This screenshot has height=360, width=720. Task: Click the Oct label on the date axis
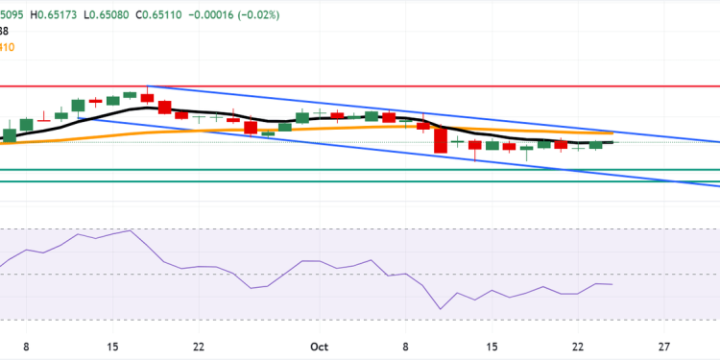[320, 347]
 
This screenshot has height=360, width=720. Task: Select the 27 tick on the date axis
[663, 347]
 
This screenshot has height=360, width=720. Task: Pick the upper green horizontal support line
[288, 170]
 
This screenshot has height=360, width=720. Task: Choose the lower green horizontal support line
[288, 181]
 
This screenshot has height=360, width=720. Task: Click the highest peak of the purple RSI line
[129, 231]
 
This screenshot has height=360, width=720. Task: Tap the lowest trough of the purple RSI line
[441, 309]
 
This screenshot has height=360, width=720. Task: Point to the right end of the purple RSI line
[612, 285]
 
